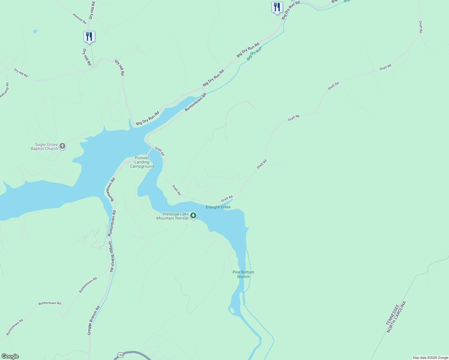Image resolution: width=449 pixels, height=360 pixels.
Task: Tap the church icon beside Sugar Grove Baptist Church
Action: click(x=62, y=146)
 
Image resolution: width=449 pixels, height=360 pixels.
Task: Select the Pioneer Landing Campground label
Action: click(x=142, y=162)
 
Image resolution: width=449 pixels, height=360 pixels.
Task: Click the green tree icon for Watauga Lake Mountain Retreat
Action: click(x=193, y=215)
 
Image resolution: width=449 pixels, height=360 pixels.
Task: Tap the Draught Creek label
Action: click(x=218, y=207)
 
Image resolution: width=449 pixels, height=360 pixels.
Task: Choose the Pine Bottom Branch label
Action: click(x=243, y=274)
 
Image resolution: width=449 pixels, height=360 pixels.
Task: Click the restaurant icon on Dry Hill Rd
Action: click(x=89, y=37)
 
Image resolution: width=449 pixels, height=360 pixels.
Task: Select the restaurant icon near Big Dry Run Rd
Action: click(x=277, y=7)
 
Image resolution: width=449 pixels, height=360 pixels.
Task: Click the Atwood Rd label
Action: click(x=80, y=19)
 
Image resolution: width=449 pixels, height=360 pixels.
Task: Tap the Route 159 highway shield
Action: click(x=120, y=355)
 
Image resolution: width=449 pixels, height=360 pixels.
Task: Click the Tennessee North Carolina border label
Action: click(x=396, y=317)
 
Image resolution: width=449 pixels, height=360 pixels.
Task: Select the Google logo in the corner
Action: click(x=10, y=356)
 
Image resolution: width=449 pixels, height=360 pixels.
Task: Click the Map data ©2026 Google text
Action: click(x=430, y=358)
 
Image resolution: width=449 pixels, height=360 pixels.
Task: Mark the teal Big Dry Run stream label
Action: click(x=254, y=53)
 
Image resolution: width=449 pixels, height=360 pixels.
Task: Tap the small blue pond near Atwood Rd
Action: click(x=35, y=31)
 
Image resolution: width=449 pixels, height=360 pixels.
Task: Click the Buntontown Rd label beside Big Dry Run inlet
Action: click(x=196, y=102)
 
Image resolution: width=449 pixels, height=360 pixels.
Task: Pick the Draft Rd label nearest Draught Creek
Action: click(x=227, y=199)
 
